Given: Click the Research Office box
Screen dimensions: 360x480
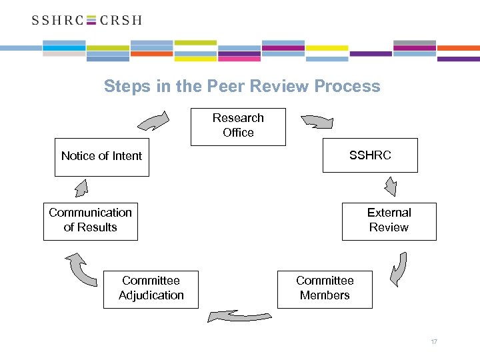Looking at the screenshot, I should [x=238, y=126].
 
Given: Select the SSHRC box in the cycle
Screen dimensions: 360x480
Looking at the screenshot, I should [x=370, y=155].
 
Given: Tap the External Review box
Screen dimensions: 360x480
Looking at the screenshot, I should [x=389, y=221].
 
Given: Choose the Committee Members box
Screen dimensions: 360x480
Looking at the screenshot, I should [x=325, y=289].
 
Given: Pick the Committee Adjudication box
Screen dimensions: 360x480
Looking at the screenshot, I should [x=151, y=289].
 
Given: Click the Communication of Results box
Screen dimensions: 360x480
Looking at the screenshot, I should [x=90, y=221].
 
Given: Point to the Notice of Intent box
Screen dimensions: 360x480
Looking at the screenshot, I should [x=101, y=157].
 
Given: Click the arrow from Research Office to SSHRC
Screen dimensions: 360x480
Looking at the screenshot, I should [x=317, y=121].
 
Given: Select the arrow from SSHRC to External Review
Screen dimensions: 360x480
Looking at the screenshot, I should [x=389, y=186].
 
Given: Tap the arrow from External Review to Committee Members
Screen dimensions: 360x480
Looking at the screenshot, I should [x=399, y=268].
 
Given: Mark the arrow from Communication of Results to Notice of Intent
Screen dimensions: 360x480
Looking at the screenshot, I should [x=81, y=188].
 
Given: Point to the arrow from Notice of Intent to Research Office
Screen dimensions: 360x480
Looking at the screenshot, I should [x=154, y=122].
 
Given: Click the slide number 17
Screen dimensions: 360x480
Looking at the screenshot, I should [x=434, y=342].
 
